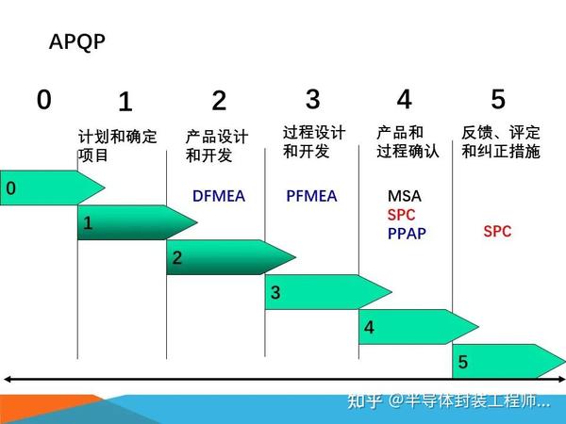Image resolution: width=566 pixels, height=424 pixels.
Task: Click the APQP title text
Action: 76,42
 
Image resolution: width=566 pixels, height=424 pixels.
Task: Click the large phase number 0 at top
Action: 44,99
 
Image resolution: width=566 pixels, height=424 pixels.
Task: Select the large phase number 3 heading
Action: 313,98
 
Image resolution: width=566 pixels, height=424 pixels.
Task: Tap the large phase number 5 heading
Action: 498,98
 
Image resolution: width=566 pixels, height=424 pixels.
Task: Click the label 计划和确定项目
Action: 117,145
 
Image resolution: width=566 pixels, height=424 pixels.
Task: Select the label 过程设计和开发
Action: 314,141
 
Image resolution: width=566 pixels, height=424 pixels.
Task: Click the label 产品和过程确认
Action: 408,141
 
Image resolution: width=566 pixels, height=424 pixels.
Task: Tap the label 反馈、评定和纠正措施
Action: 501,141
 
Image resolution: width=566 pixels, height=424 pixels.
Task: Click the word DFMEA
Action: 219,196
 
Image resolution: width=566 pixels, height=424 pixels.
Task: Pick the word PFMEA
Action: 311,196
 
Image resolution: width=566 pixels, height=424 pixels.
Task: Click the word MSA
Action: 405,196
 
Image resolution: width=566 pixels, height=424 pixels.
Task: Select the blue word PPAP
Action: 407,233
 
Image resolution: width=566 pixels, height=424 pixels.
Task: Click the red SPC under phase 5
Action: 497,231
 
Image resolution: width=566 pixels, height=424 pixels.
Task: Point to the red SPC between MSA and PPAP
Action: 401,215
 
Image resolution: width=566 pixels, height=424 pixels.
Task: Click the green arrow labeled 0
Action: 47,188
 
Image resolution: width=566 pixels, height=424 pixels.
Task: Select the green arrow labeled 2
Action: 226,257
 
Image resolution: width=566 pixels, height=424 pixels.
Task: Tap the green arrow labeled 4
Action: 415,327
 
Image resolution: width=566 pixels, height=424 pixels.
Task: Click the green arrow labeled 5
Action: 505,361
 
